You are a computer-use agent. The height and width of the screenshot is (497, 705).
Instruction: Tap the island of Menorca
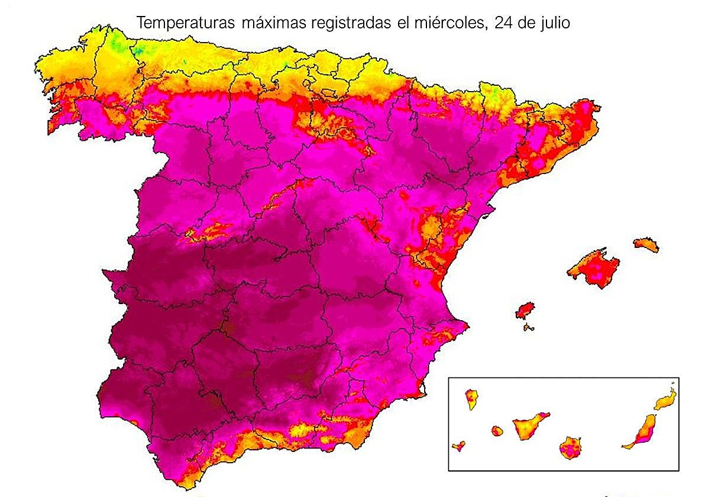click(x=646, y=244)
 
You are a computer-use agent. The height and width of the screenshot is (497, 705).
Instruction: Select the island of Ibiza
click(x=525, y=310)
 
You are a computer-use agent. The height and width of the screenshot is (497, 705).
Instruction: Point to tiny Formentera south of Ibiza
click(x=529, y=327)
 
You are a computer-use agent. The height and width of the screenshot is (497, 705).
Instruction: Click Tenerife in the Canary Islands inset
click(x=529, y=425)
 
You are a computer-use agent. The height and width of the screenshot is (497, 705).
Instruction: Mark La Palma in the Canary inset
click(x=471, y=399)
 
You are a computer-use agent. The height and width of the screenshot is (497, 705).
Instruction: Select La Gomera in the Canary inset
click(x=497, y=431)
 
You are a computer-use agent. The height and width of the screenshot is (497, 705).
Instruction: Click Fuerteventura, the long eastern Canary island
click(x=641, y=432)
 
